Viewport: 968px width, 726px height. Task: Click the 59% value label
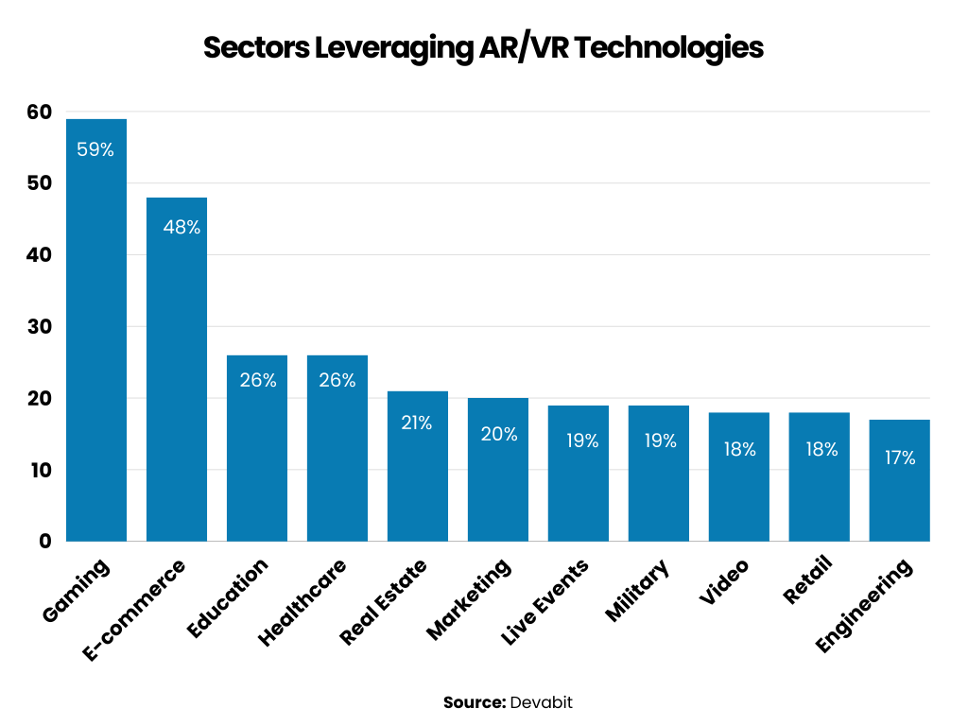tap(95, 149)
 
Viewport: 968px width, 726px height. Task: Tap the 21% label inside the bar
tap(417, 423)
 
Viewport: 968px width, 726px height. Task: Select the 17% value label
tap(900, 458)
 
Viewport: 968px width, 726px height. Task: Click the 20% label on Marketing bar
tap(498, 434)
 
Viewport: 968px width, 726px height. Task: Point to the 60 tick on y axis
tap(39, 112)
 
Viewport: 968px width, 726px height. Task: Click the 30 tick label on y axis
tap(39, 327)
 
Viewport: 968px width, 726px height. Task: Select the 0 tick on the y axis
tap(44, 542)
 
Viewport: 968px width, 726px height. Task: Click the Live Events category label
tap(545, 602)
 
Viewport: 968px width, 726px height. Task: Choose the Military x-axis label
tap(638, 590)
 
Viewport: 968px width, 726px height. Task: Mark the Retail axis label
tap(808, 580)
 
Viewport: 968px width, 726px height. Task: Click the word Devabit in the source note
tap(542, 702)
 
